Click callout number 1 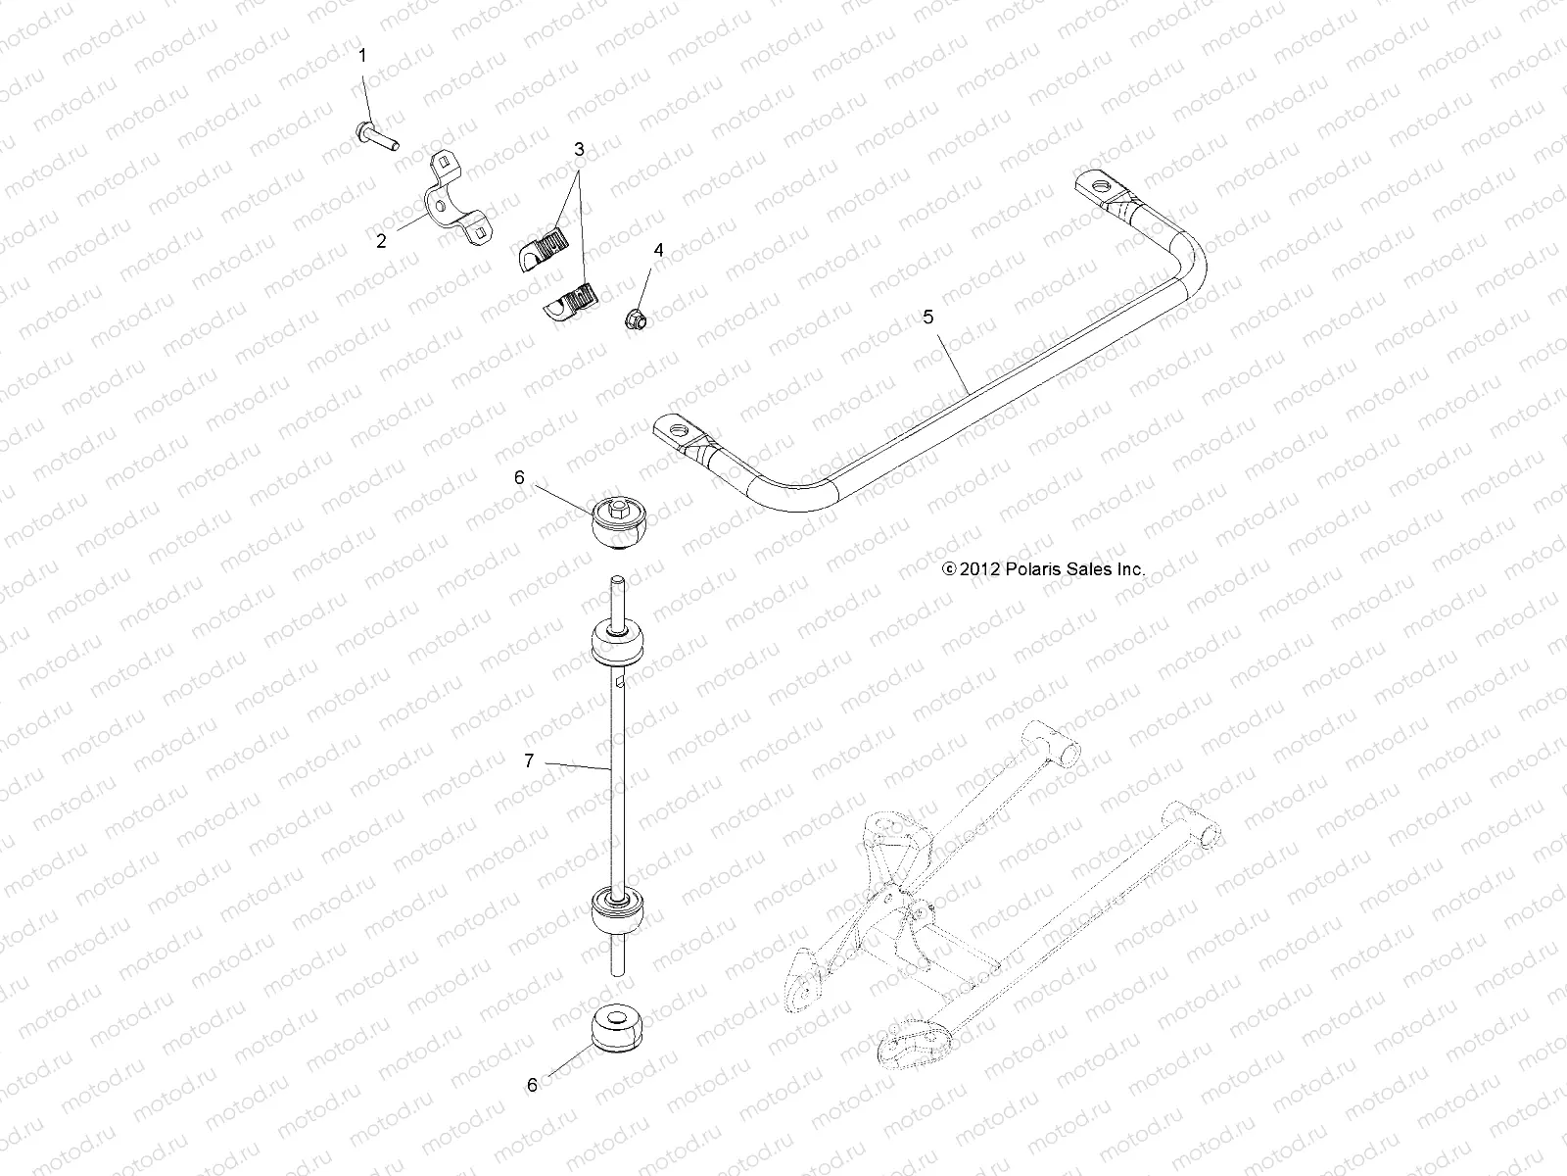(362, 56)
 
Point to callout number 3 (579, 150)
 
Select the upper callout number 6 (519, 477)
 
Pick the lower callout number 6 (533, 1085)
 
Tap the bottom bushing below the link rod (617, 1028)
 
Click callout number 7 (529, 759)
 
